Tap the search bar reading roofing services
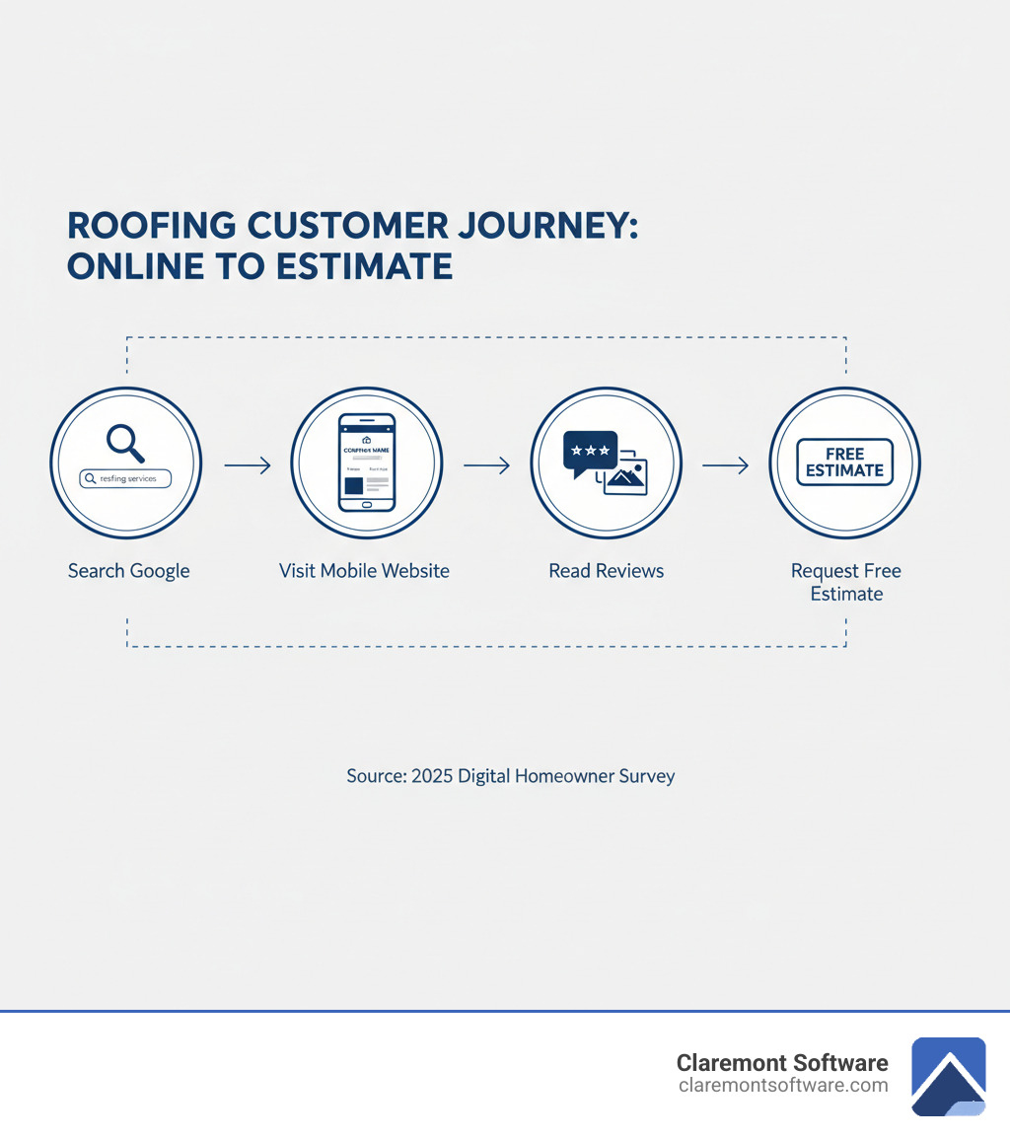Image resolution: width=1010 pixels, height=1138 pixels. [x=124, y=478]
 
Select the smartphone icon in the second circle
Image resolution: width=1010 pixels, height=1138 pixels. [x=366, y=462]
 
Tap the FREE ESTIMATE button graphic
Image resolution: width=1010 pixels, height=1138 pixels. [x=844, y=462]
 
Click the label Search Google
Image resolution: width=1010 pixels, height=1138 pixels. [x=128, y=571]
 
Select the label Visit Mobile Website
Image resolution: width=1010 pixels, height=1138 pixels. [x=364, y=571]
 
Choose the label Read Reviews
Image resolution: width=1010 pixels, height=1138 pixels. [x=606, y=571]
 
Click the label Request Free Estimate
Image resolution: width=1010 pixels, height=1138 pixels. [x=845, y=582]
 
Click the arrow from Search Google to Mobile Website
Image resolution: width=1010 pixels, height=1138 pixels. [x=247, y=465]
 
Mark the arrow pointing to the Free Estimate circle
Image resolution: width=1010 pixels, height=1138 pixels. [x=725, y=465]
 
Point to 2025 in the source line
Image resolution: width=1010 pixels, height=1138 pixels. [x=432, y=776]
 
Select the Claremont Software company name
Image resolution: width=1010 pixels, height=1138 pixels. [x=781, y=1062]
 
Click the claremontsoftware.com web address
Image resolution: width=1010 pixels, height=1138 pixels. [x=783, y=1085]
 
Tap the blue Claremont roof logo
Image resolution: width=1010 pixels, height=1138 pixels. [x=948, y=1076]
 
